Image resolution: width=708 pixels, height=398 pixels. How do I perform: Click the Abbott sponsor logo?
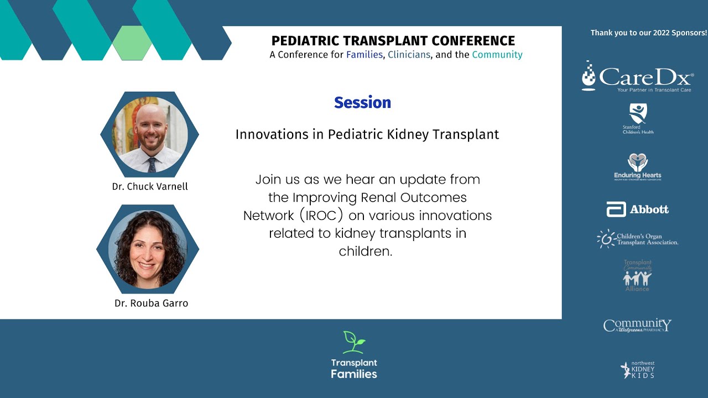637,210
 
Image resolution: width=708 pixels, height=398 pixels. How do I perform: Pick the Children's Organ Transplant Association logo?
637,239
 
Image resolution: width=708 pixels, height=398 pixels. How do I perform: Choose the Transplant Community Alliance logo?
637,275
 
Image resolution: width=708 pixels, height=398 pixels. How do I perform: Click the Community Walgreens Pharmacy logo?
637,325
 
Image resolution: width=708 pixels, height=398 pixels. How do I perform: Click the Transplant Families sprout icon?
353,342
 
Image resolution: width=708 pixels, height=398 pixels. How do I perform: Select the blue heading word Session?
362,103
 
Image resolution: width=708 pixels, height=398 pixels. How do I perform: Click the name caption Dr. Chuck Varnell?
150,187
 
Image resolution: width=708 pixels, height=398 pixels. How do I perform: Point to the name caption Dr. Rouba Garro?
151,303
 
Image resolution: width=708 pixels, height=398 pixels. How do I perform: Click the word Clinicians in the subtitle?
409,55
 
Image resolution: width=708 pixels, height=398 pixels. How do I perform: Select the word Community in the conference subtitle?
497,55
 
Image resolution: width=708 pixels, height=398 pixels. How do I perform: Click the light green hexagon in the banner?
132,43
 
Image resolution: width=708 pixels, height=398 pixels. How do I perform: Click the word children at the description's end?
365,251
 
